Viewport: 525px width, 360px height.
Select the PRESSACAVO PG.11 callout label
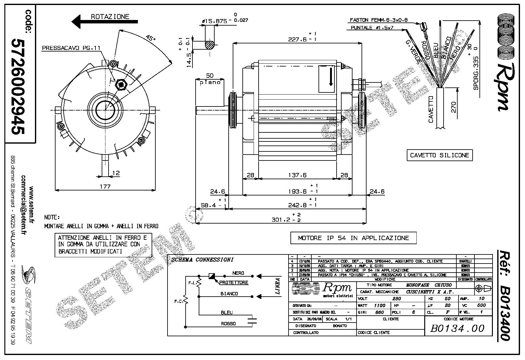(71, 48)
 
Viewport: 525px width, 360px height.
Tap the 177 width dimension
(105, 186)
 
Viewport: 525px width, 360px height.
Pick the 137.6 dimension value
(297, 175)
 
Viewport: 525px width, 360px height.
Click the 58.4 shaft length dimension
(209, 205)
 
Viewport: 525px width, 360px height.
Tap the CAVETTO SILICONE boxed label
(440, 155)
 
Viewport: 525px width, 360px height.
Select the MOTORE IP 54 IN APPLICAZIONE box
(353, 238)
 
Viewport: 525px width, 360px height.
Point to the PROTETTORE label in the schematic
(234, 283)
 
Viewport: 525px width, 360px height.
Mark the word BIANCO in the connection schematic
(229, 294)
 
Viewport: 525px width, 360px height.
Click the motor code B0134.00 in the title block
(457, 328)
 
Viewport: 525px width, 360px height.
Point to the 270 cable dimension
(454, 107)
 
